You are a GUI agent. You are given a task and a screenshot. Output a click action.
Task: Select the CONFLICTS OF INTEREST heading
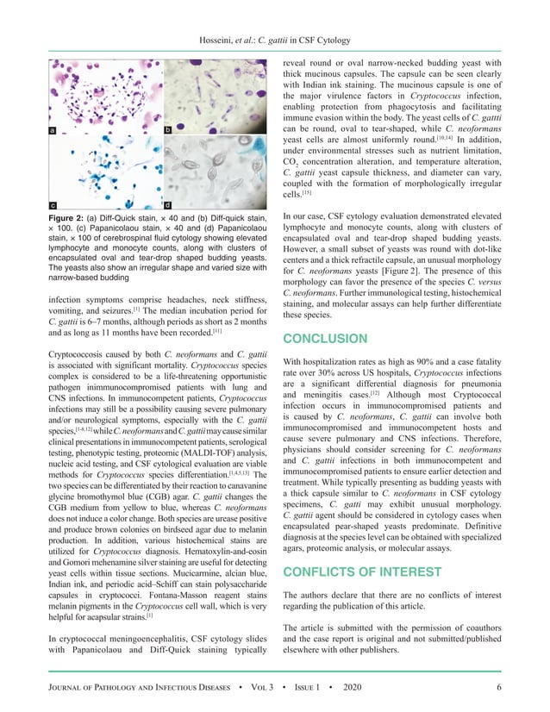(362, 571)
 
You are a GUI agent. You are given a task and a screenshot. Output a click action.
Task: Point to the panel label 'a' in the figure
(53, 130)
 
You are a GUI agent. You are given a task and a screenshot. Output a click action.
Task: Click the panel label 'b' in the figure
(167, 130)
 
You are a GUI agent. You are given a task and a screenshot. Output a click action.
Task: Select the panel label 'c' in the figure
(53, 206)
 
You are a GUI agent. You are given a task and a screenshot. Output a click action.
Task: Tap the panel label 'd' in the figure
(167, 206)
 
